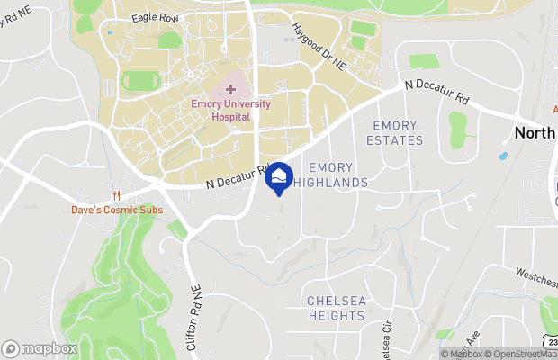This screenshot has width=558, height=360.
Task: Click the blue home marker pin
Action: [280, 177]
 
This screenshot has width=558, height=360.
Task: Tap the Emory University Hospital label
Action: [231, 110]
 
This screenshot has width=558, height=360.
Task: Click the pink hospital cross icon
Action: [231, 89]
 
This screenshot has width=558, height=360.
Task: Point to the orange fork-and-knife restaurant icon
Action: [115, 195]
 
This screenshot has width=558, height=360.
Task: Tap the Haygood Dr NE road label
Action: [319, 47]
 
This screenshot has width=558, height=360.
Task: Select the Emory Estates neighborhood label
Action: [395, 132]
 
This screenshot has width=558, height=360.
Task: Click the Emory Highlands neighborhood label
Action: [338, 175]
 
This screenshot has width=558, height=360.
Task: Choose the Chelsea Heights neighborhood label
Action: [337, 308]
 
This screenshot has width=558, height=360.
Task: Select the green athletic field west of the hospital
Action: [139, 82]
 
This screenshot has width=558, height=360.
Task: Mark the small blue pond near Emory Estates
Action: [502, 156]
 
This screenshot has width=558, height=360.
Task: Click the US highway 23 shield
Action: [550, 343]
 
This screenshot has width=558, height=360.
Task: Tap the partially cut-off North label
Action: [535, 132]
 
